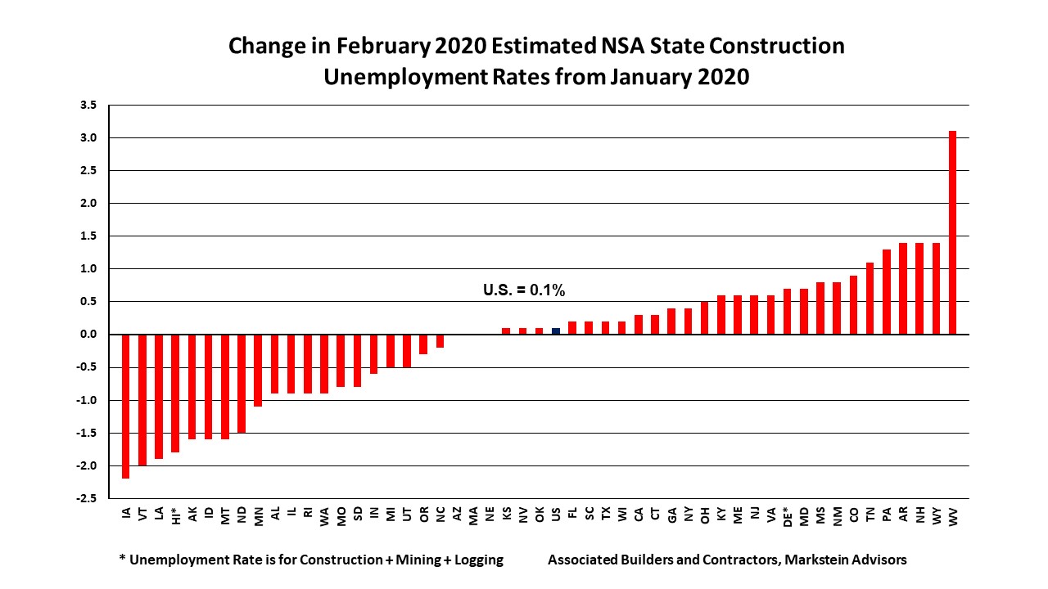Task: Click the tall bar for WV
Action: coord(952,232)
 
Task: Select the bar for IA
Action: coord(126,406)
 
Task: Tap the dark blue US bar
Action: coord(556,331)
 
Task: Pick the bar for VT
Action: coord(142,399)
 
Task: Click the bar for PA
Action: coord(886,292)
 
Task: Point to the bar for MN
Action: coord(258,370)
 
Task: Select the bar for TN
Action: coord(870,299)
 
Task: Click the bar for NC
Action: coord(440,341)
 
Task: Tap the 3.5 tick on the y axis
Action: coord(88,106)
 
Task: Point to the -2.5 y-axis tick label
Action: coord(87,498)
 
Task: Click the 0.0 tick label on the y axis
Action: coord(88,335)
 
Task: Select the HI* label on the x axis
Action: coord(176,516)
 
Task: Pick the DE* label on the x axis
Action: coord(787,516)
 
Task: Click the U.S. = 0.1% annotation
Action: coord(524,290)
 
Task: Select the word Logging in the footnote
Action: coord(475,560)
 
